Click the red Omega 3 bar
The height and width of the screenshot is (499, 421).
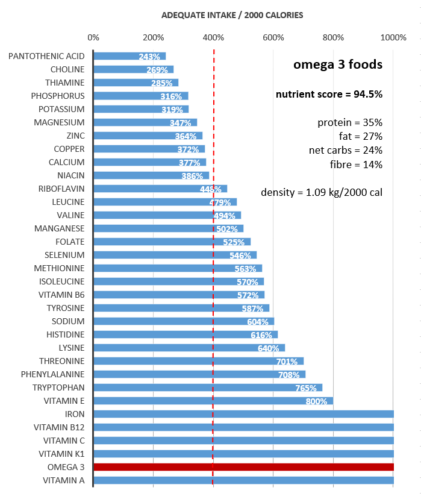coord(243,467)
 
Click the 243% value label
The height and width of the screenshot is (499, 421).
coord(149,57)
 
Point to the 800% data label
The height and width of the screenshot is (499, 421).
coord(317,401)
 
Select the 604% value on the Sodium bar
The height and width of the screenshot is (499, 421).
coord(258,322)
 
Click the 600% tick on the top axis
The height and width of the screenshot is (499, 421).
coord(273,37)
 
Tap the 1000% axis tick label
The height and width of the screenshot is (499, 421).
coord(394,37)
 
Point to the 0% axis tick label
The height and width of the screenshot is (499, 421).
coord(93,37)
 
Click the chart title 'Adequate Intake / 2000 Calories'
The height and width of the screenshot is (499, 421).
coord(232,14)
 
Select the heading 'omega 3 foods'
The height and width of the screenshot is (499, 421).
coord(337,64)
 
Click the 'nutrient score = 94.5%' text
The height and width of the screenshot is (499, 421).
coord(329,94)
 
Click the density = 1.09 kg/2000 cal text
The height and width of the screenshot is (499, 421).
coord(322,193)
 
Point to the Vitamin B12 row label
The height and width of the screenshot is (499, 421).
coord(59,427)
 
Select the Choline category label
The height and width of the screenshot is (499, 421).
coord(67,69)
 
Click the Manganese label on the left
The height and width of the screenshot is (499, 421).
coord(60,228)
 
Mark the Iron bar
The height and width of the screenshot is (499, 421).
coord(243,414)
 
